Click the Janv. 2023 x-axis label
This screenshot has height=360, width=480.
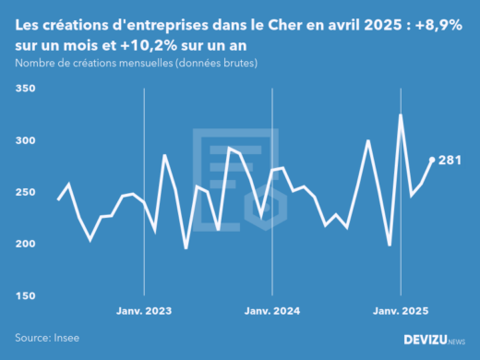[143, 311]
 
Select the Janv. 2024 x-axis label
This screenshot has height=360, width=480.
[272, 311]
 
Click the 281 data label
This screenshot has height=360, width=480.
[450, 160]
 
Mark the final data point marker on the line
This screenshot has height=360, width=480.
[432, 160]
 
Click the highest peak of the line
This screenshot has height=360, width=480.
[401, 115]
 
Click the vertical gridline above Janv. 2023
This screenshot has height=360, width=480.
[143, 185]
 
